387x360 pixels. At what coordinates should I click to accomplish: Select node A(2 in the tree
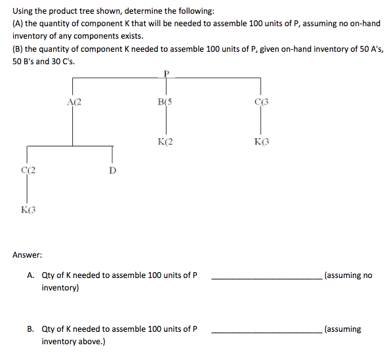click(x=74, y=101)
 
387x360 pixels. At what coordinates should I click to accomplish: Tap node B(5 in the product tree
click(x=165, y=101)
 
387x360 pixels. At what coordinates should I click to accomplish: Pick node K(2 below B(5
click(x=165, y=141)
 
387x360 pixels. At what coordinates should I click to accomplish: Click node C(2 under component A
click(x=27, y=170)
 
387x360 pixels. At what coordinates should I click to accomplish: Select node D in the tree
click(x=112, y=170)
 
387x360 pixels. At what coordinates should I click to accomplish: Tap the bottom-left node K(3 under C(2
click(x=27, y=210)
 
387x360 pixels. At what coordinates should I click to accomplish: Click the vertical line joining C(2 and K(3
click(x=27, y=191)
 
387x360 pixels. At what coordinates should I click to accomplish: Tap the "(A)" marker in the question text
click(x=18, y=24)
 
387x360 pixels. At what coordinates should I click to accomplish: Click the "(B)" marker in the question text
click(x=18, y=49)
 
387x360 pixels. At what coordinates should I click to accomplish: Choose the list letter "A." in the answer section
click(x=31, y=275)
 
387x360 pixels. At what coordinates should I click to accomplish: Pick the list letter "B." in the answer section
click(x=31, y=329)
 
